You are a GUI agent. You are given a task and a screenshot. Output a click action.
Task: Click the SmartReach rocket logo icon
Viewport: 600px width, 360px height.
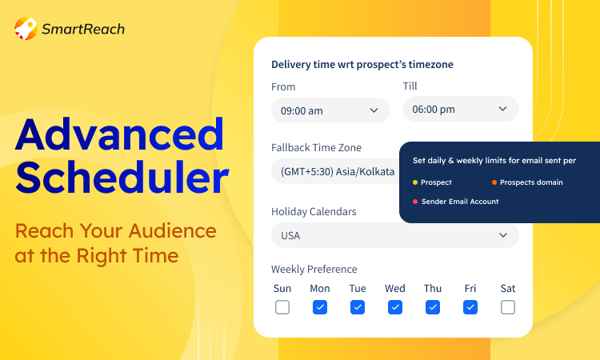(x=26, y=28)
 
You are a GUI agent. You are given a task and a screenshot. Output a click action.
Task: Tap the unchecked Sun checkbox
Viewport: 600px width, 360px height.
(x=282, y=307)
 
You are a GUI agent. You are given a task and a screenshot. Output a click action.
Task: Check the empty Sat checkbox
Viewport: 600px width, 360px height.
(x=508, y=307)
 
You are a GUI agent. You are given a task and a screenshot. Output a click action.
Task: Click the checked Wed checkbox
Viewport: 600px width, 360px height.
(x=395, y=307)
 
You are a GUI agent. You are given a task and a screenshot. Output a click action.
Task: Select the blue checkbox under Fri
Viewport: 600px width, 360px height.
(x=470, y=307)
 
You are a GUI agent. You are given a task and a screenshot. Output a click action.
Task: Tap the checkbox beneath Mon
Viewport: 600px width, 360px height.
(x=320, y=307)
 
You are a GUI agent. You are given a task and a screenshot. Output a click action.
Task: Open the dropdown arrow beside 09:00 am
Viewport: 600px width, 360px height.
(x=374, y=110)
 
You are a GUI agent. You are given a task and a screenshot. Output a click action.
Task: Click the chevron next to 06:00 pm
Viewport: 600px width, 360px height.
(x=503, y=109)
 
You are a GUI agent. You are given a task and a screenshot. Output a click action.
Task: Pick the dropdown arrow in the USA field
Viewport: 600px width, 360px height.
(x=503, y=235)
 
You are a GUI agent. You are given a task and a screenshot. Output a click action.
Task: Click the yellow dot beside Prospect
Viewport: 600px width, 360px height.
(x=415, y=182)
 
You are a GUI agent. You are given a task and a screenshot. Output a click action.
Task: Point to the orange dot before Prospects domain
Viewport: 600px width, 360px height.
(x=494, y=182)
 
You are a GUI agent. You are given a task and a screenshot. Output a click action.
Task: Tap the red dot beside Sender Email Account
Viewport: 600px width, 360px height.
(x=415, y=202)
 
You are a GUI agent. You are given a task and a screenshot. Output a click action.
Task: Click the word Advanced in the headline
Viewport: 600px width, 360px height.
(x=119, y=135)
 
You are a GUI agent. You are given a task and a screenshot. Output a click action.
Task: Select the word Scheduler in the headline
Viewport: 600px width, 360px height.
(x=122, y=177)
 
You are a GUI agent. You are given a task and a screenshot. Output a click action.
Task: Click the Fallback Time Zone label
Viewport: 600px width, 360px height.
(x=317, y=148)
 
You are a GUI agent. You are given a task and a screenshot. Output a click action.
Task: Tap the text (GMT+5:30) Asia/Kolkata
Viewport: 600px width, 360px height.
(x=338, y=171)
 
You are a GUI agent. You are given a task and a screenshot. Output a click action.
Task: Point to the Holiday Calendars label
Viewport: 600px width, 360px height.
(x=314, y=211)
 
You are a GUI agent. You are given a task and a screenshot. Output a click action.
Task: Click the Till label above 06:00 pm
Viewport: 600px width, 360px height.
(x=410, y=86)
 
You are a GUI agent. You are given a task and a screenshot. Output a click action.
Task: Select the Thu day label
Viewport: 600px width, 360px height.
(x=433, y=288)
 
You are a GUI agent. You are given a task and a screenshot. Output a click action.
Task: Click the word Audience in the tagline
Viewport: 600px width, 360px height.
(x=173, y=230)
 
